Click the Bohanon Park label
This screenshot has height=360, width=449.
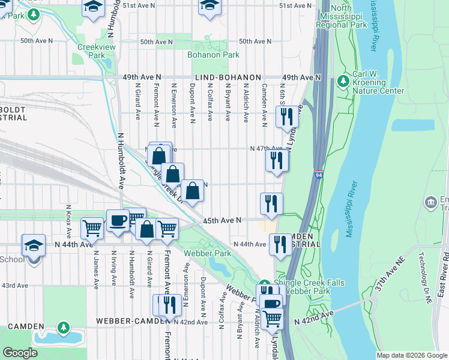click(x=213, y=55)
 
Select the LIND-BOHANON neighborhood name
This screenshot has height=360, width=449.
click(x=228, y=78)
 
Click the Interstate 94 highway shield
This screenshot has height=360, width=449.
click(x=318, y=175)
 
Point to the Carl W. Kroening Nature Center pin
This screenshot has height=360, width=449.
click(x=343, y=80)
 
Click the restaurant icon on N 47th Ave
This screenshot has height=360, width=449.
click(x=276, y=160)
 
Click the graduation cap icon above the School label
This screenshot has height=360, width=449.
click(x=34, y=244)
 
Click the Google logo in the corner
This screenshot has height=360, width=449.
click(x=20, y=353)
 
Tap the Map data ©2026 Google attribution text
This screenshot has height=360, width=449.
click(x=412, y=355)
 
